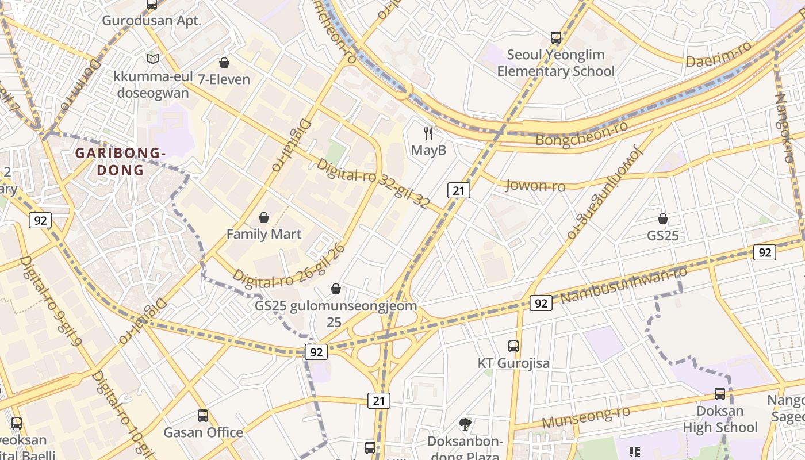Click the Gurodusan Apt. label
coord(152,21)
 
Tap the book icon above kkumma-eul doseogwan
coord(152,59)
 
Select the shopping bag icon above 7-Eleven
coord(224,62)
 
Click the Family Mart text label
coord(264,234)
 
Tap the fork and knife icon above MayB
coord(428,133)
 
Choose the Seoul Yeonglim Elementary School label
coord(555,63)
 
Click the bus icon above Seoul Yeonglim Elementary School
coord(556,38)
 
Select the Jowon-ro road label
coord(535,185)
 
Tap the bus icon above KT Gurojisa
coord(513,346)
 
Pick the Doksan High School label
coord(720,419)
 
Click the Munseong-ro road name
coord(585,417)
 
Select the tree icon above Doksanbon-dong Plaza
coord(465,424)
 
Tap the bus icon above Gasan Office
coord(203,415)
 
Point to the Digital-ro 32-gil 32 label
coord(373,183)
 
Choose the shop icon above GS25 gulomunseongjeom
coord(336,288)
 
